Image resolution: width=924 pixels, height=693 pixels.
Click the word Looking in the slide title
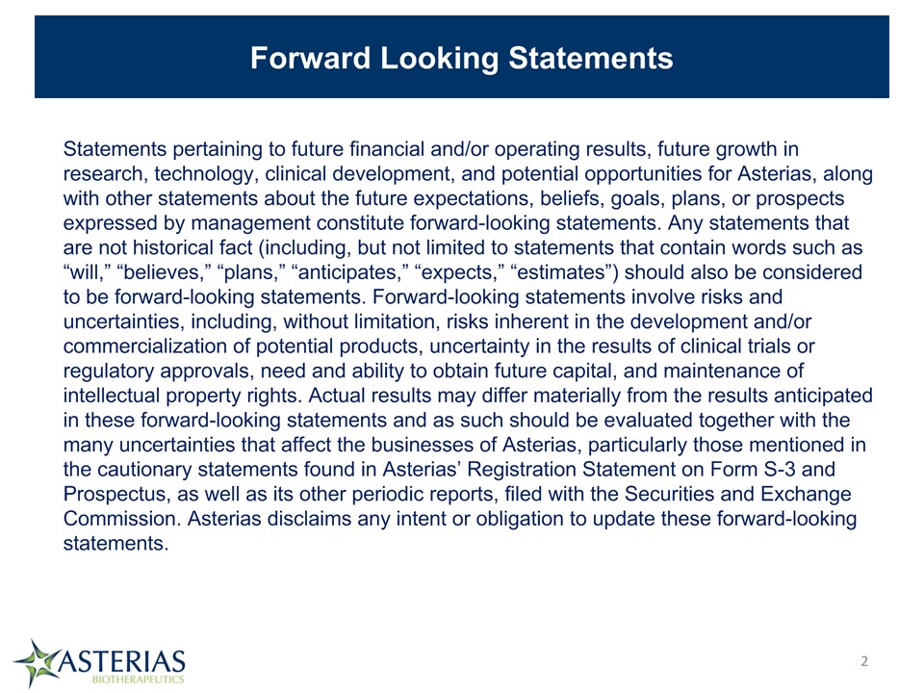[440, 59]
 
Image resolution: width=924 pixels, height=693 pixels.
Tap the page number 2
[864, 661]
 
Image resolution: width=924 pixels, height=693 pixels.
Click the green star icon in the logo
[36, 663]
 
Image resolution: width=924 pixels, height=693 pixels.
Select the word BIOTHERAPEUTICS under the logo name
[139, 680]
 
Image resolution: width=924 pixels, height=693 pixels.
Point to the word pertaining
[218, 150]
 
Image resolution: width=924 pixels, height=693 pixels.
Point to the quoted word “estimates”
[565, 272]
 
